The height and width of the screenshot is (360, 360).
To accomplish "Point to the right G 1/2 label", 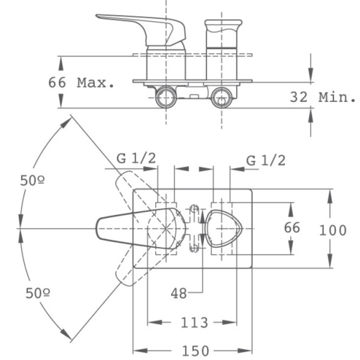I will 266,160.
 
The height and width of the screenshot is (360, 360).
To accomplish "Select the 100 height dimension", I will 334,230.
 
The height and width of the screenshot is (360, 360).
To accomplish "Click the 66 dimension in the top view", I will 292,228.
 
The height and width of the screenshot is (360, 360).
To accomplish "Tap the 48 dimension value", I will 179,293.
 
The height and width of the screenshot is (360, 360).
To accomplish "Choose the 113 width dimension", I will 195,322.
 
